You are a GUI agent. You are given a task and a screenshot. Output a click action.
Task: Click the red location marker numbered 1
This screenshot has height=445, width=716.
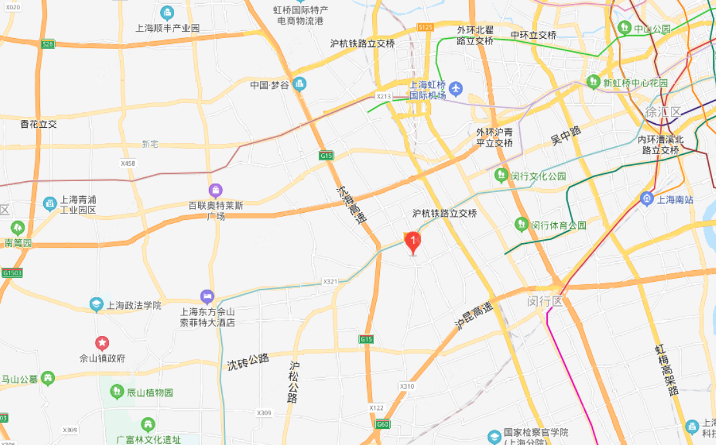tap(413, 242)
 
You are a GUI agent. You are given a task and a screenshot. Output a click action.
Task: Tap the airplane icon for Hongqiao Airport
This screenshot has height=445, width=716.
tap(456, 87)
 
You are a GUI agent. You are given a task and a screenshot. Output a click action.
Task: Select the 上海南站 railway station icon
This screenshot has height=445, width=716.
tap(646, 199)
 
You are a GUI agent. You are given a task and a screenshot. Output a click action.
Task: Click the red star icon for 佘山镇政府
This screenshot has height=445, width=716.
tap(102, 343)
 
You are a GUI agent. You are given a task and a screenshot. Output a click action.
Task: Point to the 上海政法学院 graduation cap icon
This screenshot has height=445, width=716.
tap(96, 304)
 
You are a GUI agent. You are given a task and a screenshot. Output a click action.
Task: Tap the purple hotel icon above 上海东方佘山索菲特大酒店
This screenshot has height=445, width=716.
tap(207, 297)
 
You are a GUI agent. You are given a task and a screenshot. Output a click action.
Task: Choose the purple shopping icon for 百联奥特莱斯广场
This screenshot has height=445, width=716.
tap(215, 190)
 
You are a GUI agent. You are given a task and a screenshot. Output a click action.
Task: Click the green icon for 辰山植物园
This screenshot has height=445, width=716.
tap(117, 391)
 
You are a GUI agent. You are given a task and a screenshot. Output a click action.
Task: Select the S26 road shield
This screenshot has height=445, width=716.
tap(47, 44)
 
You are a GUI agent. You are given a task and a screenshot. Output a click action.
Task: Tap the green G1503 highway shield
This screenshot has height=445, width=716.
tap(12, 273)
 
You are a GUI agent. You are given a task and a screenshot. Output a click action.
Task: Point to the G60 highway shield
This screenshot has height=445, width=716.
tap(383, 424)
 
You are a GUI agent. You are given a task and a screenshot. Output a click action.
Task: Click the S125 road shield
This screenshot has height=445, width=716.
tap(425, 27)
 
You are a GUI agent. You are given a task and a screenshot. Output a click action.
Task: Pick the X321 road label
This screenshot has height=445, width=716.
tap(330, 282)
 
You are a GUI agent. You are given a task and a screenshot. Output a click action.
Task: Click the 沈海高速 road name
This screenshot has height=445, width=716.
tap(351, 204)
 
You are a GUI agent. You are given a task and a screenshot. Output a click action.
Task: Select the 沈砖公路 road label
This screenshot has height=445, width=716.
tap(248, 362)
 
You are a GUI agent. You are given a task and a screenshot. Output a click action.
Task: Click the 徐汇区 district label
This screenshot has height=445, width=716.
tap(662, 112)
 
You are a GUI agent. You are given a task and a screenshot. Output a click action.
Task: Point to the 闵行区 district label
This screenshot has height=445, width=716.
tap(545, 301)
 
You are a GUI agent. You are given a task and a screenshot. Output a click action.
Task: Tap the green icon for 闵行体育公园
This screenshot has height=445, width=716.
tap(521, 224)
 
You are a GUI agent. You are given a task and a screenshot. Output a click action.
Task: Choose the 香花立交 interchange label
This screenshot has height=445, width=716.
tap(39, 124)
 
